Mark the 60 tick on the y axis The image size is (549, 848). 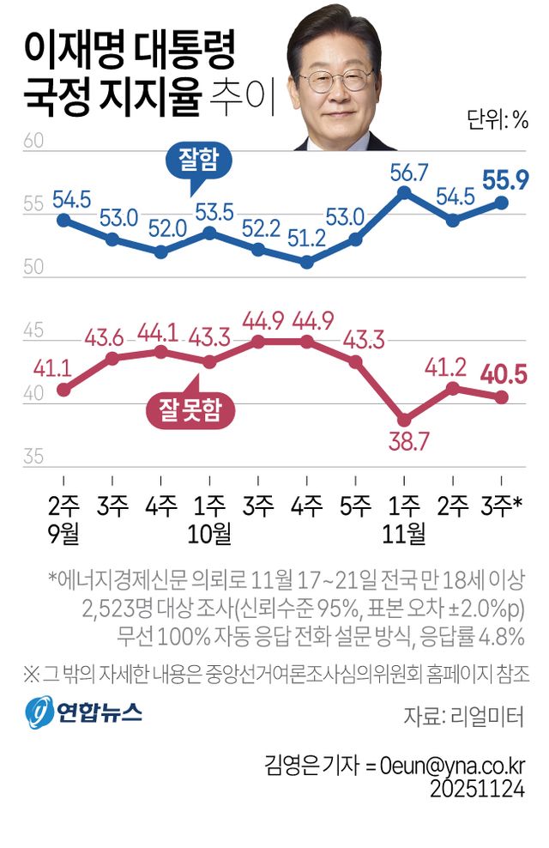pos(33,141)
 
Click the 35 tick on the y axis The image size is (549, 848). pos(33,457)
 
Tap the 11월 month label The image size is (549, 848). pos(405,533)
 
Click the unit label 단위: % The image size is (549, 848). pos(498,118)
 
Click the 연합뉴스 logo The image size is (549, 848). pos(83,712)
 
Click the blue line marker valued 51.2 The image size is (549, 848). pos(307,262)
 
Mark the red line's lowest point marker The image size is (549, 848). pos(405,420)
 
